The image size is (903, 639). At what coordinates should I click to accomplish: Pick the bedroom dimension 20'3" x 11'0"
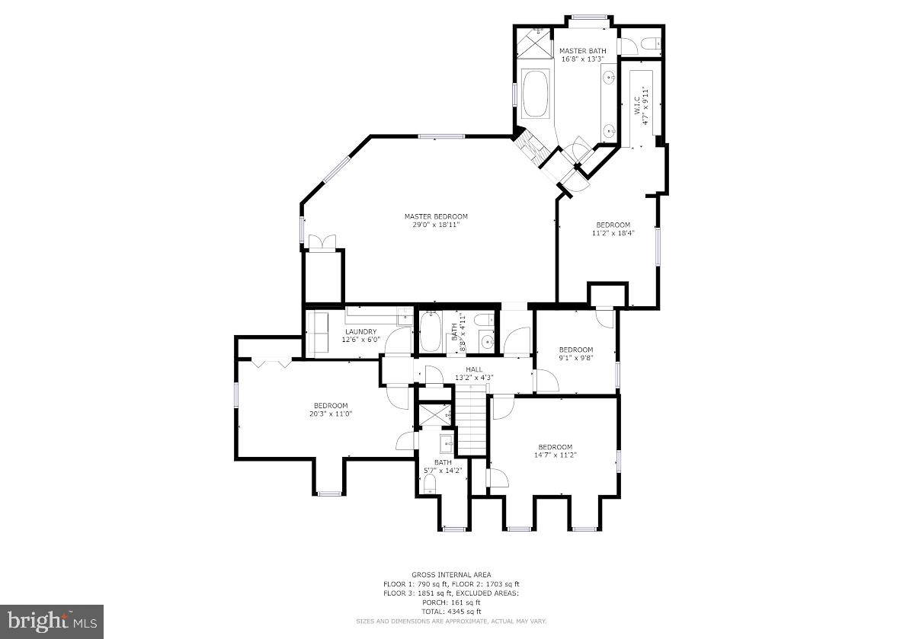pyautogui.click(x=330, y=414)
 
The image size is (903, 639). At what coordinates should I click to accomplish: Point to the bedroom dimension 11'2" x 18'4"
pyautogui.click(x=613, y=233)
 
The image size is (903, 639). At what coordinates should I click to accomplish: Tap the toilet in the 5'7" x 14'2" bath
pyautogui.click(x=430, y=484)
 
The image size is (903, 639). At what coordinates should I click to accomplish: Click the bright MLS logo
pyautogui.click(x=52, y=621)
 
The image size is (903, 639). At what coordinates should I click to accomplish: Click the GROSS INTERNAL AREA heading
pyautogui.click(x=451, y=574)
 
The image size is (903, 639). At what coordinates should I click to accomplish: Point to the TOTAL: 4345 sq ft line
pyautogui.click(x=451, y=612)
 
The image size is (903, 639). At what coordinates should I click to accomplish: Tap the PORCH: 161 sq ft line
pyautogui.click(x=451, y=602)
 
